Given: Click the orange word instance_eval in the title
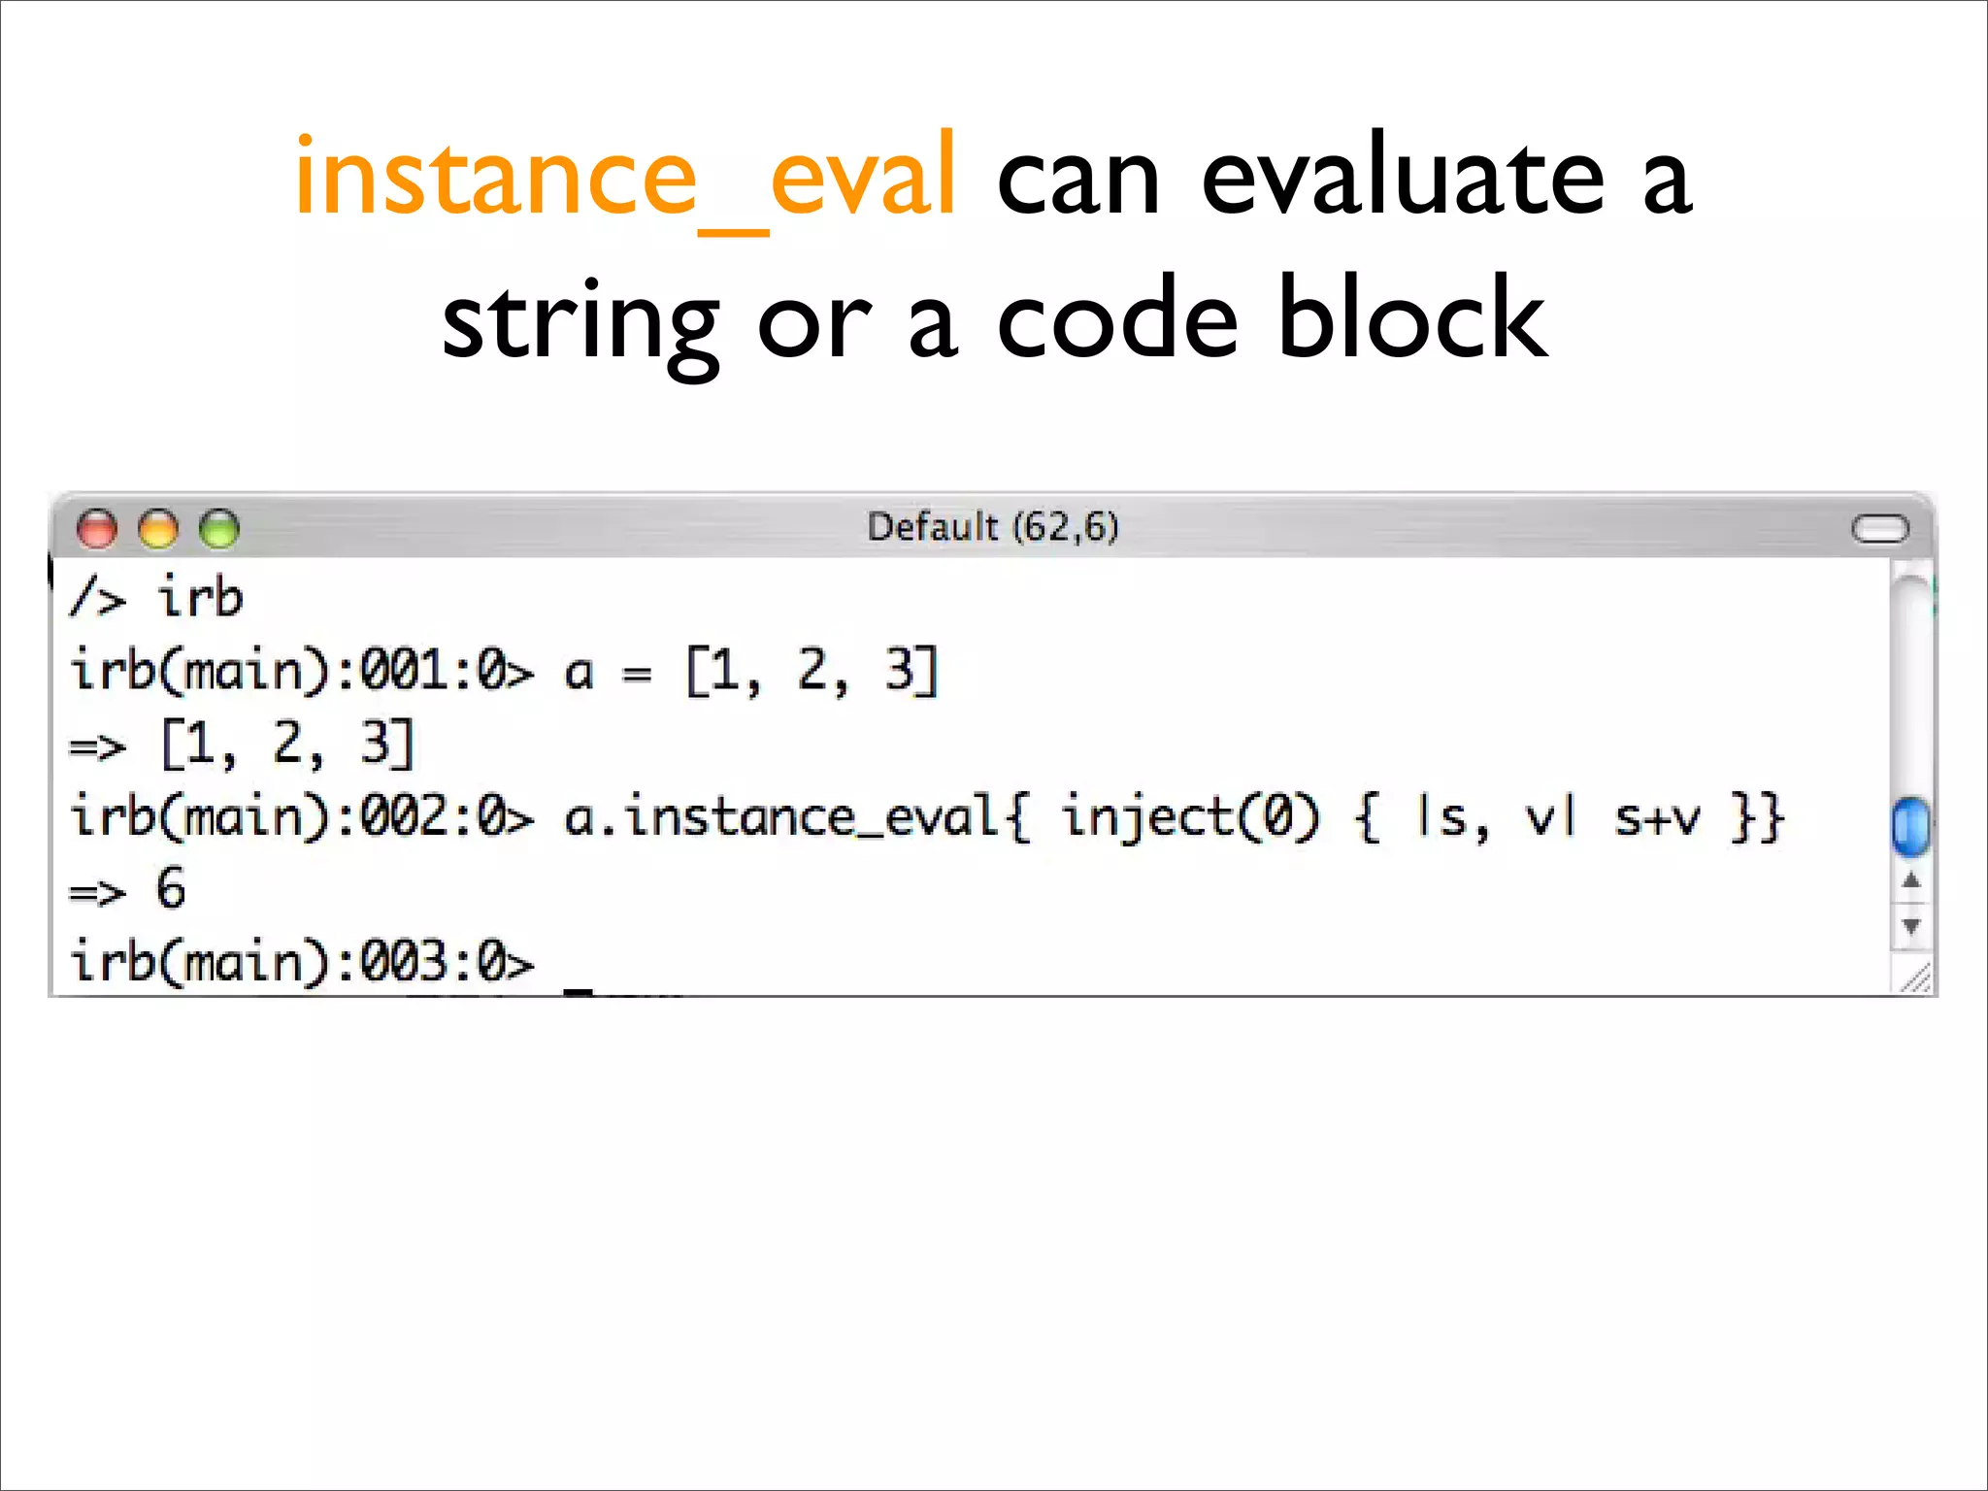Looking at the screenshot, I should (626, 178).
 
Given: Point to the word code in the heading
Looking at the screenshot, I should (1117, 320).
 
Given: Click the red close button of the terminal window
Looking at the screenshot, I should (97, 529).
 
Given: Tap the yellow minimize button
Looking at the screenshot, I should (158, 529).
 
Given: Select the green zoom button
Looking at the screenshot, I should (219, 529).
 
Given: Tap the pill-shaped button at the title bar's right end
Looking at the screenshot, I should (1879, 529).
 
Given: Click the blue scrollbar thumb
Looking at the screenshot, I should (1910, 826).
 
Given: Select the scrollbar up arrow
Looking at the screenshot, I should (1911, 881).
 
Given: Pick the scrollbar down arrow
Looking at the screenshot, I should (1911, 925).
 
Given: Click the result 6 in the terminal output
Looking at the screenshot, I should (171, 888).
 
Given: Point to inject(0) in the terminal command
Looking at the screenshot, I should (1190, 816).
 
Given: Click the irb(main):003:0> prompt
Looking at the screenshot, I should (302, 962).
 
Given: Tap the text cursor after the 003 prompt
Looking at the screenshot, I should (579, 989).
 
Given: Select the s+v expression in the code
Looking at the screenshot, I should (1657, 818).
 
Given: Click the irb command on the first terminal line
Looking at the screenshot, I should (200, 597).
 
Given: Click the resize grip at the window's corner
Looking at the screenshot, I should (1914, 978).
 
